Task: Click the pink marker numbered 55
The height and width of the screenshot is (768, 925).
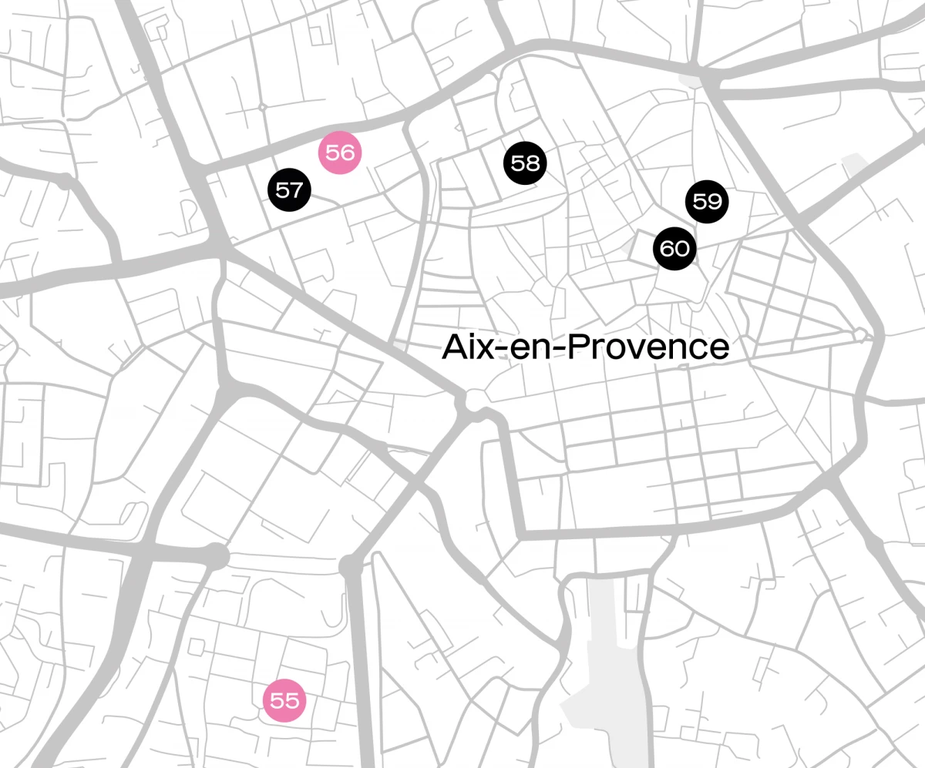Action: pyautogui.click(x=284, y=701)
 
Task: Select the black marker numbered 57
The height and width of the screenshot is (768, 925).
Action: pyautogui.click(x=289, y=189)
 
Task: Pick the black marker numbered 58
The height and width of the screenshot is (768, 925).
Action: pyautogui.click(x=525, y=163)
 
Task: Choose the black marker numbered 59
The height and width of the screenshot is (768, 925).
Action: pyautogui.click(x=707, y=202)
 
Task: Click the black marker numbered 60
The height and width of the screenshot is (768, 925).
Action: pyautogui.click(x=674, y=249)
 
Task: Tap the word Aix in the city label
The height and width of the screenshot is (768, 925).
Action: pyautogui.click(x=466, y=348)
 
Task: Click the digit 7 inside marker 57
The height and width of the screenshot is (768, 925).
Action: pyautogui.click(x=297, y=189)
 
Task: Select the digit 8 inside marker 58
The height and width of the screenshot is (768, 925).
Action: pyautogui.click(x=533, y=163)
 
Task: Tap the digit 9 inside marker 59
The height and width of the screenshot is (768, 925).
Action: pyautogui.click(x=715, y=202)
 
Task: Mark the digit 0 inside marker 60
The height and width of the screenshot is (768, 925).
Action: pyautogui.click(x=682, y=249)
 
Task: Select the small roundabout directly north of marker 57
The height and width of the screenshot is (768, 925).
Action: pyautogui.click(x=262, y=106)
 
